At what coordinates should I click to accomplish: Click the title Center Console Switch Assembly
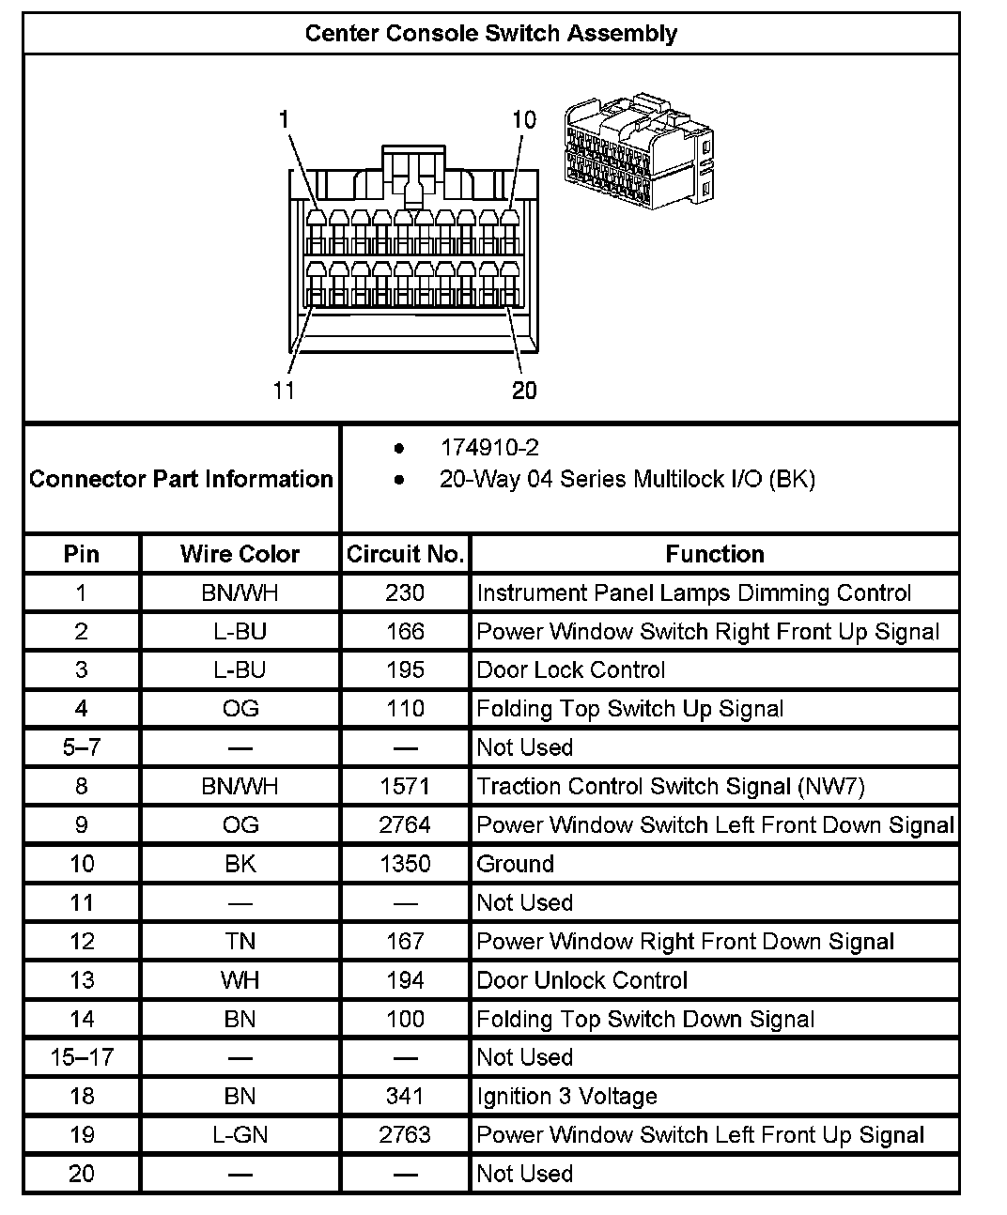click(x=490, y=34)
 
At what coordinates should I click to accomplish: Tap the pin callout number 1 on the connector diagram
click(x=284, y=119)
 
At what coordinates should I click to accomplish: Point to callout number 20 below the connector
click(x=524, y=390)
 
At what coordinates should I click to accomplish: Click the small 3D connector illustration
click(x=639, y=151)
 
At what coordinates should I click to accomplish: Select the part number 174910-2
click(x=489, y=448)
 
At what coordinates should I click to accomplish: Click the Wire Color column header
click(x=240, y=554)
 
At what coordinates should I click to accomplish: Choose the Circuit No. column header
click(x=405, y=554)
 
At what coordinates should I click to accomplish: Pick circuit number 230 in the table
click(x=405, y=593)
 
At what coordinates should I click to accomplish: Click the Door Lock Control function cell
click(x=571, y=670)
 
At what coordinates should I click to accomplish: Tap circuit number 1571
click(x=405, y=786)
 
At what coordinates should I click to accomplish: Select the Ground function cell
click(x=516, y=864)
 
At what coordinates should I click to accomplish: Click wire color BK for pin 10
click(x=240, y=864)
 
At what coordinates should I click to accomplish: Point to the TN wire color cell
click(x=240, y=941)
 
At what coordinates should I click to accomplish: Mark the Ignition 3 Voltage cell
click(x=567, y=1096)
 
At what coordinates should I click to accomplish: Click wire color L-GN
click(x=240, y=1134)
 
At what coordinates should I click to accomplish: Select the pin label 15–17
click(x=82, y=1057)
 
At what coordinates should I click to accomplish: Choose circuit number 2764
click(x=405, y=825)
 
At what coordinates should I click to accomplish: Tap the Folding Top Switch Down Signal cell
click(x=645, y=1019)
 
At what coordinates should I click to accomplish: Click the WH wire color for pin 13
click(x=240, y=980)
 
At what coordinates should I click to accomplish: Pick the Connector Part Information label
click(x=181, y=479)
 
